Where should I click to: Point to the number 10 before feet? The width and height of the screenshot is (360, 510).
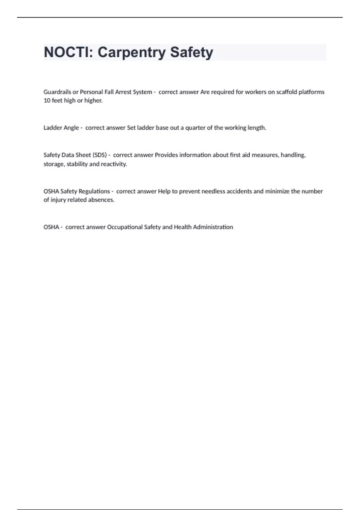(x=47, y=100)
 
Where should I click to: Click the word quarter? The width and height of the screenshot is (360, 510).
(x=195, y=128)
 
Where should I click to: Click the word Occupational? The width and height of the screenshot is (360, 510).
(x=125, y=227)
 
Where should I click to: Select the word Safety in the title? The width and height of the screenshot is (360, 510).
(x=191, y=52)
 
